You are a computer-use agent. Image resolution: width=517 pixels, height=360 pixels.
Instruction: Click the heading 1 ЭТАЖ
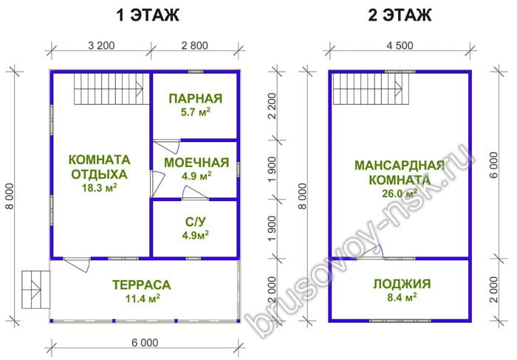pos(148,16)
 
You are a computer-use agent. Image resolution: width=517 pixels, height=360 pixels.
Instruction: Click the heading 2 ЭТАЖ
pos(400,16)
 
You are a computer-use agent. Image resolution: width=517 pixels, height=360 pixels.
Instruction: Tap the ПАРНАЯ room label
pos(196,98)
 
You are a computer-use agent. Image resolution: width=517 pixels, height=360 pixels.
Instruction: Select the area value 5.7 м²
pos(196,112)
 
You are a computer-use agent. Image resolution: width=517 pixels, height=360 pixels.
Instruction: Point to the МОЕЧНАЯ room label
pos(196,163)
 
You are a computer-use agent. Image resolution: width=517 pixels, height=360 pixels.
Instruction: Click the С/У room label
pos(195,222)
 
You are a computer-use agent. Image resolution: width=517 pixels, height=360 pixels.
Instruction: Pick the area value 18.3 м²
pos(99,188)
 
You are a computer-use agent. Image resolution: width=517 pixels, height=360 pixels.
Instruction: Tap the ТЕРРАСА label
pos(142,285)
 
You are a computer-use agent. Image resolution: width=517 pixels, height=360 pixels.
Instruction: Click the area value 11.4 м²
pos(143,299)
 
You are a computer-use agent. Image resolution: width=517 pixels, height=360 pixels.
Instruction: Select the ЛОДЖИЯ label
pos(402,284)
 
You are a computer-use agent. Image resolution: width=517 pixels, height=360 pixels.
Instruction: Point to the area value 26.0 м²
pos(400,194)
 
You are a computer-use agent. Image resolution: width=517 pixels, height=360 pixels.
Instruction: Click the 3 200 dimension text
pos(102,46)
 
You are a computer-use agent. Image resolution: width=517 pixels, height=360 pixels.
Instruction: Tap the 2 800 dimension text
pos(195,46)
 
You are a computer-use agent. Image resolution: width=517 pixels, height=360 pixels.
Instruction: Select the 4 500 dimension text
pos(400,46)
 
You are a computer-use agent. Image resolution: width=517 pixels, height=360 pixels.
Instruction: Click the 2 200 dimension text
pos(272,106)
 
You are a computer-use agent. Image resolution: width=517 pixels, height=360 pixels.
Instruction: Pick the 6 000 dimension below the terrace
pos(145,343)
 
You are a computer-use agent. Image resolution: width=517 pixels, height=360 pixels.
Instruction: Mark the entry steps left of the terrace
pos(35,290)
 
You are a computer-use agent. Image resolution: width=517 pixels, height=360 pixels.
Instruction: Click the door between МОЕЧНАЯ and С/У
pos(195,194)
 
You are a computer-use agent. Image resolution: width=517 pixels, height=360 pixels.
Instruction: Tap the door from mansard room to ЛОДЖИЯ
pos(370,252)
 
